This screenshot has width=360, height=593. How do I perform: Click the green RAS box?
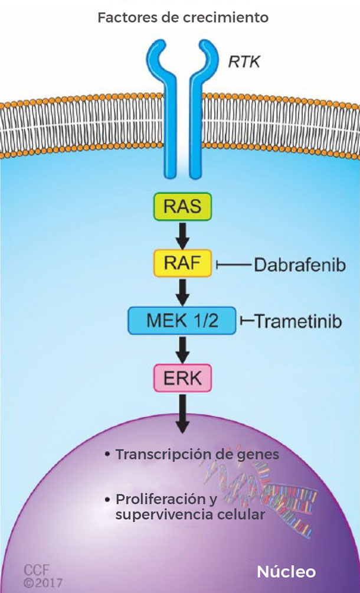[182, 207]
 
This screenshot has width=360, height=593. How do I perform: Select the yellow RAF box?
[182, 263]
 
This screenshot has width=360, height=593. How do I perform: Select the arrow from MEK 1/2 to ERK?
[182, 349]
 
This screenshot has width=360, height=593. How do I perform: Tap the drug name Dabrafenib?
[292, 264]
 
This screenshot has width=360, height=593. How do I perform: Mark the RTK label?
[244, 61]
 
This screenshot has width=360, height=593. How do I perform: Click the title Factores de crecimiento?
[182, 18]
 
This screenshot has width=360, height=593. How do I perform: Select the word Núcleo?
[286, 572]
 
